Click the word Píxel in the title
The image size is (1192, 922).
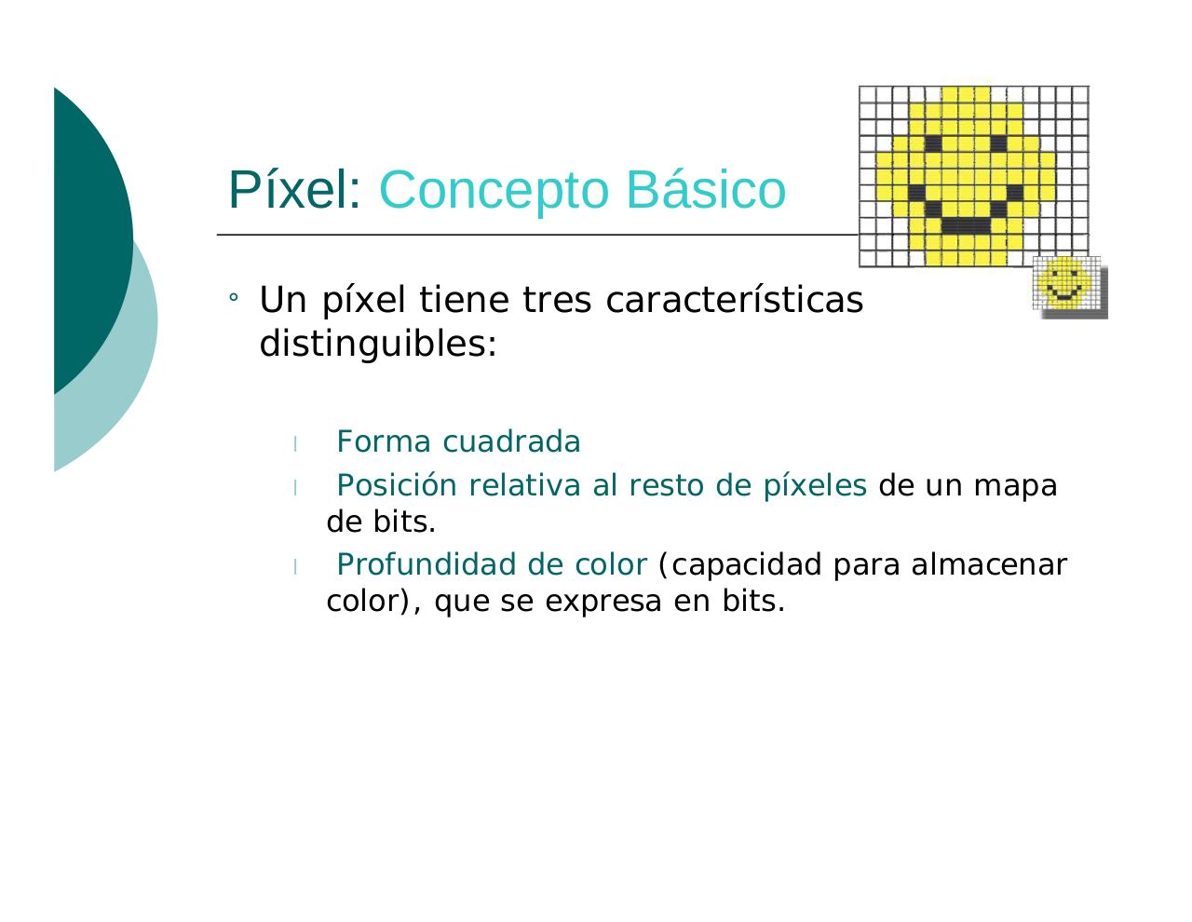coord(294,189)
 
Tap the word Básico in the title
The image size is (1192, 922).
coord(706,189)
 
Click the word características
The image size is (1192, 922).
coord(734,300)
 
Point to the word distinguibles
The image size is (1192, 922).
coord(378,344)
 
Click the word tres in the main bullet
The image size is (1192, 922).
coord(557,301)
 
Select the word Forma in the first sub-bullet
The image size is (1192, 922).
coord(384,441)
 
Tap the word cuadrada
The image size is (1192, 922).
coord(511,441)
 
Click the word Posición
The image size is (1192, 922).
coord(397,485)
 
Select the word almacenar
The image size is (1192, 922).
coord(988,565)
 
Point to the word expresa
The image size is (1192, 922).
coord(603,603)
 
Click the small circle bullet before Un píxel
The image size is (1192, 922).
coord(234,297)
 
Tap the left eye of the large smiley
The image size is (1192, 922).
coord(932,143)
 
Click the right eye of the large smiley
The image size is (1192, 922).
coord(997,143)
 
